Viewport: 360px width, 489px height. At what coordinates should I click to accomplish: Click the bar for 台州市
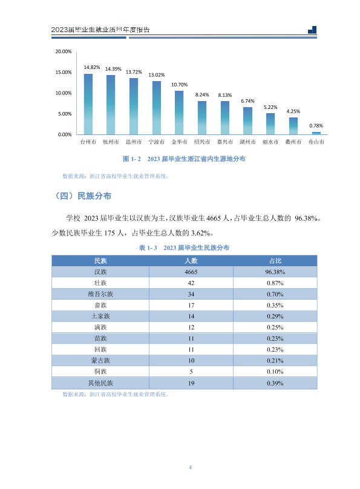click(88, 104)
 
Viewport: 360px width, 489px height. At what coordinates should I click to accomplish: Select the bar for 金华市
click(179, 113)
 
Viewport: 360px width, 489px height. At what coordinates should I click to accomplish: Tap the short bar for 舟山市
click(316, 133)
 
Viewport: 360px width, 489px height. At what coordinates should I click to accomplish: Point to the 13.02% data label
click(157, 75)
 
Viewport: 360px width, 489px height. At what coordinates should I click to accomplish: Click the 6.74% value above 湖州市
click(248, 101)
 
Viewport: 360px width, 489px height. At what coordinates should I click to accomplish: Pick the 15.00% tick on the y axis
click(64, 72)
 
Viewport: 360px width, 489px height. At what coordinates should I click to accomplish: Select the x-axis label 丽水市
click(270, 142)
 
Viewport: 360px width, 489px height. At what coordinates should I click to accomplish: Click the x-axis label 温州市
click(134, 142)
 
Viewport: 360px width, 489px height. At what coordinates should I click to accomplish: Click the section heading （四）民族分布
click(83, 196)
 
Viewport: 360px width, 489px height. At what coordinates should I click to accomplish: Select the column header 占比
click(275, 261)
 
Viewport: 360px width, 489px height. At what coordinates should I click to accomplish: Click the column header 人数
click(191, 261)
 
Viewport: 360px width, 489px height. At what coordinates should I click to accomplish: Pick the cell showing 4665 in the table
click(191, 272)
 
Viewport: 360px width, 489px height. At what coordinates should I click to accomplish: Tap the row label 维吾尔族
click(100, 294)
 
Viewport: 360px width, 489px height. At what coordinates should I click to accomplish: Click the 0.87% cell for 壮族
click(275, 283)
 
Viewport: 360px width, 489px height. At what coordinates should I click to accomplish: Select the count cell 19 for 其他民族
click(191, 383)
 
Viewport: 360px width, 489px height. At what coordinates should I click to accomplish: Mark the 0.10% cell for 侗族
click(275, 372)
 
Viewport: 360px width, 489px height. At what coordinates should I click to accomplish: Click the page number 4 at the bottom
click(190, 467)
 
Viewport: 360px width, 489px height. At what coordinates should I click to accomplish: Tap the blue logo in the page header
click(312, 30)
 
